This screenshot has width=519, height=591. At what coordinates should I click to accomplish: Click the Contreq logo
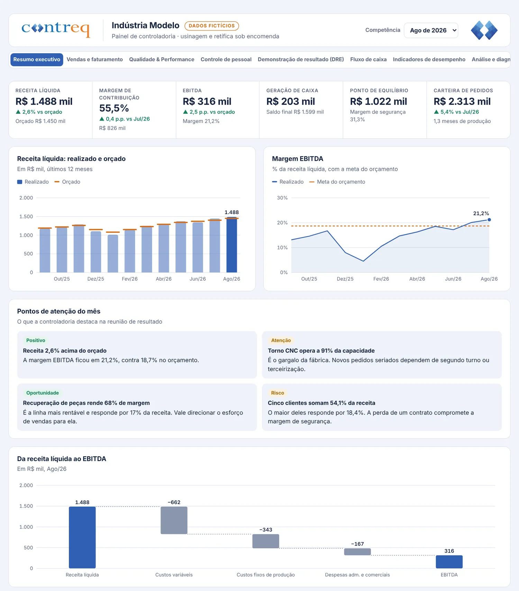tap(56, 29)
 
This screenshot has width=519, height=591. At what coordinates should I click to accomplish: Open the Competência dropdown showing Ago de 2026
tap(431, 30)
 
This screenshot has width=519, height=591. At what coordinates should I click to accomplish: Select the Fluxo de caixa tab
tap(368, 60)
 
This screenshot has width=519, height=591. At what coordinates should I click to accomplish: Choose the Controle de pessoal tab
tap(226, 60)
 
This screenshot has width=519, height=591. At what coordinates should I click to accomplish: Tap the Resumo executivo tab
tap(37, 60)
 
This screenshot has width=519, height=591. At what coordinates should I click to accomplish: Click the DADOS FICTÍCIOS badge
tap(212, 26)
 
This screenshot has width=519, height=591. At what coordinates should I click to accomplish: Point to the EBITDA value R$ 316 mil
tap(207, 102)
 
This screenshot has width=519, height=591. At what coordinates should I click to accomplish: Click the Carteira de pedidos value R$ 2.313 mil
tap(462, 102)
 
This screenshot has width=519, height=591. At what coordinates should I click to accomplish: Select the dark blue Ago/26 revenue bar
tap(232, 245)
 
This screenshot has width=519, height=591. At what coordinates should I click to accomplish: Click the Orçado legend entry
tap(67, 182)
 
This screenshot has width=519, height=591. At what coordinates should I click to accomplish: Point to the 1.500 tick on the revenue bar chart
tap(26, 217)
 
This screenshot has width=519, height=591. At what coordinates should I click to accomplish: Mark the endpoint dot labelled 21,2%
tap(489, 220)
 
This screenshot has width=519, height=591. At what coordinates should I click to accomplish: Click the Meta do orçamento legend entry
tap(337, 182)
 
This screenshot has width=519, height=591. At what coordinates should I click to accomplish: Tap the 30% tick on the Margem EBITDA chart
tap(282, 198)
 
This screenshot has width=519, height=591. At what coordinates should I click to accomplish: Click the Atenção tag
tap(281, 341)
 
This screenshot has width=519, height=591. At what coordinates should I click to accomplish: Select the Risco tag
tap(277, 393)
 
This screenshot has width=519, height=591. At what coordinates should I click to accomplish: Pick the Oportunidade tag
tap(43, 393)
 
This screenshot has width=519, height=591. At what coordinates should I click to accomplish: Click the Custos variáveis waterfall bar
tap(174, 520)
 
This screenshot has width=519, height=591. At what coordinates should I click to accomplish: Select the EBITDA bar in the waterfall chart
tap(449, 562)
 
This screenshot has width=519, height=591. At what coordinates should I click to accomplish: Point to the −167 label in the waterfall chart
tap(357, 544)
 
